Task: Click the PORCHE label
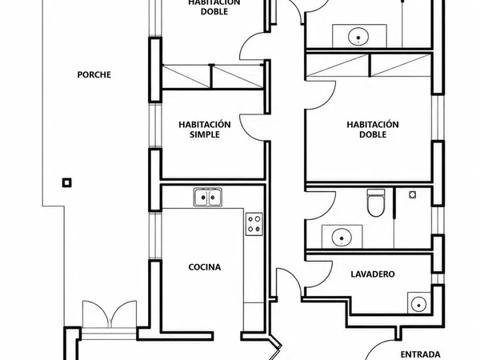[94, 74]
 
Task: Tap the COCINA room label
[205, 267]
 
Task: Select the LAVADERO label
[373, 274]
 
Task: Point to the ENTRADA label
[420, 354]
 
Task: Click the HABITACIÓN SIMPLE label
[205, 130]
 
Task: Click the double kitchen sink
[208, 197]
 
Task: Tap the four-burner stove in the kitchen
[254, 224]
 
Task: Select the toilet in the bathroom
[376, 203]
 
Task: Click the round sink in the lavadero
[418, 305]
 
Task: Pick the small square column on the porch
[67, 182]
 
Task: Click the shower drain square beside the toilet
[412, 194]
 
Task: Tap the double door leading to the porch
[110, 314]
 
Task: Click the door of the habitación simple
[252, 128]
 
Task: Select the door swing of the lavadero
[319, 274]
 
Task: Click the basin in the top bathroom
[358, 37]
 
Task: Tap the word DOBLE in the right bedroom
[373, 134]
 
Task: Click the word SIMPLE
[205, 134]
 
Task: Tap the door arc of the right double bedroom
[322, 95]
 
